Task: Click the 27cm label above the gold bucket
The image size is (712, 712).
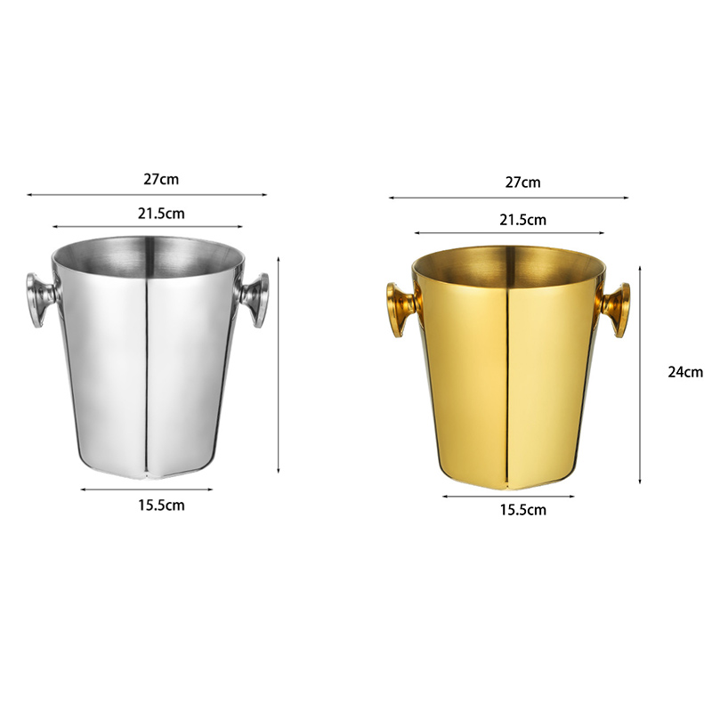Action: click(522, 182)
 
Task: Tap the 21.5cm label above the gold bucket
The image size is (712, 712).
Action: click(522, 219)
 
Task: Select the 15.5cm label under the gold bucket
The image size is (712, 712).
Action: click(522, 510)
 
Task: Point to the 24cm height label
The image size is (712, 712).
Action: click(685, 372)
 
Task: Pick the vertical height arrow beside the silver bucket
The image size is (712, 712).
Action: click(279, 365)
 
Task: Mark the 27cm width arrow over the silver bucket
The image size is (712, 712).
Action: click(147, 194)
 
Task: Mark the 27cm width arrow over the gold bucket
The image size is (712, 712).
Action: click(508, 198)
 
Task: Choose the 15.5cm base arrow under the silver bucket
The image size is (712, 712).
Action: click(147, 489)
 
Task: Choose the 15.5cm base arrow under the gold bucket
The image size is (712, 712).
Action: click(508, 496)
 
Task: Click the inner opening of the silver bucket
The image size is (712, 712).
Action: click(147, 254)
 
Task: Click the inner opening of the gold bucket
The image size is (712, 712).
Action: click(508, 261)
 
